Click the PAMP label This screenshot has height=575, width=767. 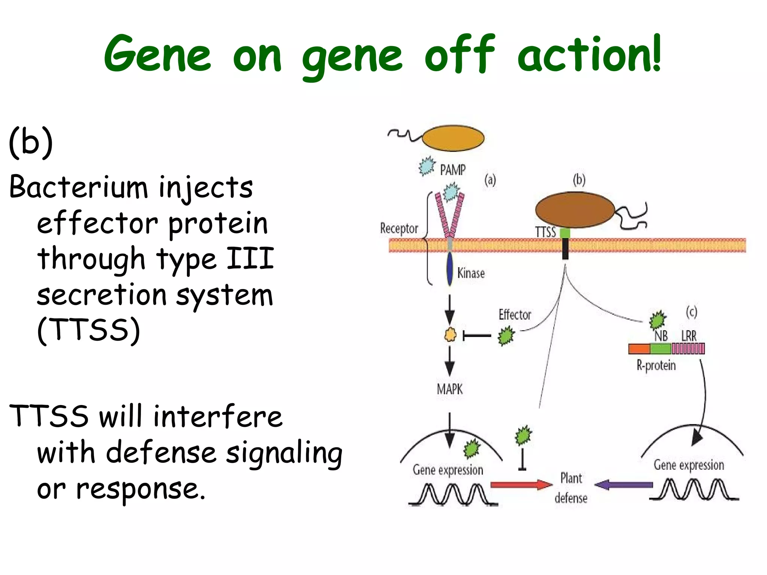tap(452, 170)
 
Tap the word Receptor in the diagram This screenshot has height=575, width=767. tap(399, 228)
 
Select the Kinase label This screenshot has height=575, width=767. tap(471, 273)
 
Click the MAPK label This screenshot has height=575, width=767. tap(449, 389)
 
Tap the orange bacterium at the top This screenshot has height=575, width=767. tap(453, 138)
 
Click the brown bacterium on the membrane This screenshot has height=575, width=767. tap(575, 210)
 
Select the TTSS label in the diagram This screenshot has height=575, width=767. tap(545, 232)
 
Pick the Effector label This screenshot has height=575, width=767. tap(515, 315)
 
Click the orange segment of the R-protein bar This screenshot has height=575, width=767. tap(639, 349)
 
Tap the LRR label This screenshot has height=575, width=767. tap(689, 336)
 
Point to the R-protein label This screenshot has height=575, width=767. tap(656, 365)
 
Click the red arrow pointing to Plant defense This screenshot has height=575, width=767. tap(521, 485)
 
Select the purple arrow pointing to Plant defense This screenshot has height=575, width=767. tap(624, 485)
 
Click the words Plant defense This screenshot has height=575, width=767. tap(571, 488)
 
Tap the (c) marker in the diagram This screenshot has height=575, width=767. tap(691, 311)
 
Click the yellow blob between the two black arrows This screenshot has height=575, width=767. tap(450, 335)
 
